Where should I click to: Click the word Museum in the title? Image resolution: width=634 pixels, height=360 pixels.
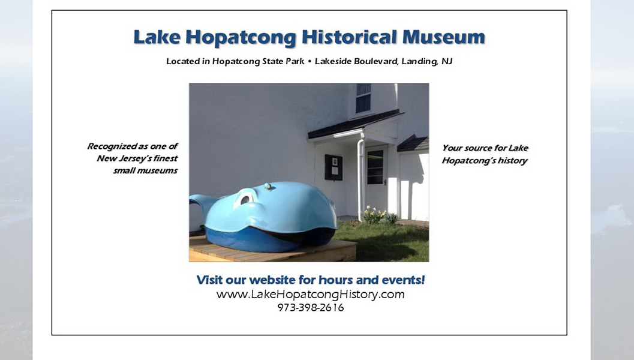443,37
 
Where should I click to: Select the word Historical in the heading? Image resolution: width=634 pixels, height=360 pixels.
349,37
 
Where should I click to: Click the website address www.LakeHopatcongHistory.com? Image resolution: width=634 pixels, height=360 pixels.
311,294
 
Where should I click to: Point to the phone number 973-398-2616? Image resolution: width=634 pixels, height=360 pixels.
311,307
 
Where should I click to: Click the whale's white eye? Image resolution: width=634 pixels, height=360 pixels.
246,197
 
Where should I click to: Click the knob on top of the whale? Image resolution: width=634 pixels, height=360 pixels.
268,187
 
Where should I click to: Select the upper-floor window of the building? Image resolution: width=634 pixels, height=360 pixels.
363,98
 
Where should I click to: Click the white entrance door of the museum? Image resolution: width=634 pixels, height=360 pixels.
376,178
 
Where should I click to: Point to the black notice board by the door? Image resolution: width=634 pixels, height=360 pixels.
333,167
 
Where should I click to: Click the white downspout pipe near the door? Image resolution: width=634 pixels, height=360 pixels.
360,178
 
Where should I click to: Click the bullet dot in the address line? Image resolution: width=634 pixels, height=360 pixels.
310,61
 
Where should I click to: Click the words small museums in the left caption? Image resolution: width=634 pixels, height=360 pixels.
146,170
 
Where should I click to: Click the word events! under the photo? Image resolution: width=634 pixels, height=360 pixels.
403,280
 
